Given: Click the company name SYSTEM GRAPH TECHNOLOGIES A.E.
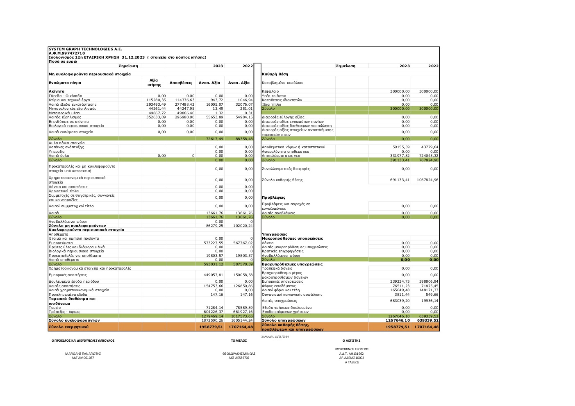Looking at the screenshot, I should pos(85,49).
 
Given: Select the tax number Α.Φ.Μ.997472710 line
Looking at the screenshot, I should pos(67,53).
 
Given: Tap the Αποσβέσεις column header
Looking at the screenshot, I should pos(181,83).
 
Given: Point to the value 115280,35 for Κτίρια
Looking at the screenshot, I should pos(156,100).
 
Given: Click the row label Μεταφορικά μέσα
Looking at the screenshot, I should pos(64,113).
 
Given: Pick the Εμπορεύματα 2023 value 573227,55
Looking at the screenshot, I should pos(214,243).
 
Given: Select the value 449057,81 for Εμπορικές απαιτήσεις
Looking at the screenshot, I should pos(214,275).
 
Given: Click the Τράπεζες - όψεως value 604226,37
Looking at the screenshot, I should pos(214,312).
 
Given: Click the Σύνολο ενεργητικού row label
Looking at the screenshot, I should pos(68,327).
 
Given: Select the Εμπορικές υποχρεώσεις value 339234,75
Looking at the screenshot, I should pos(400,281).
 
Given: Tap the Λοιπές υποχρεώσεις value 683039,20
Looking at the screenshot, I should pos(400,301).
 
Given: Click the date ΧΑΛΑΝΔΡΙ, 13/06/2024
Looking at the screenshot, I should pos(275,336).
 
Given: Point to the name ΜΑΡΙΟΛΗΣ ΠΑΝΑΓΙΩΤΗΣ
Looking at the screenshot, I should pos(83,354).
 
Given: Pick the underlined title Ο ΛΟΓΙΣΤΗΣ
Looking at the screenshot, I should pos(351,340).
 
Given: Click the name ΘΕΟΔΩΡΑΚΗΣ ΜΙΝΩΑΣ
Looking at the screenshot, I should pos(239,354).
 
